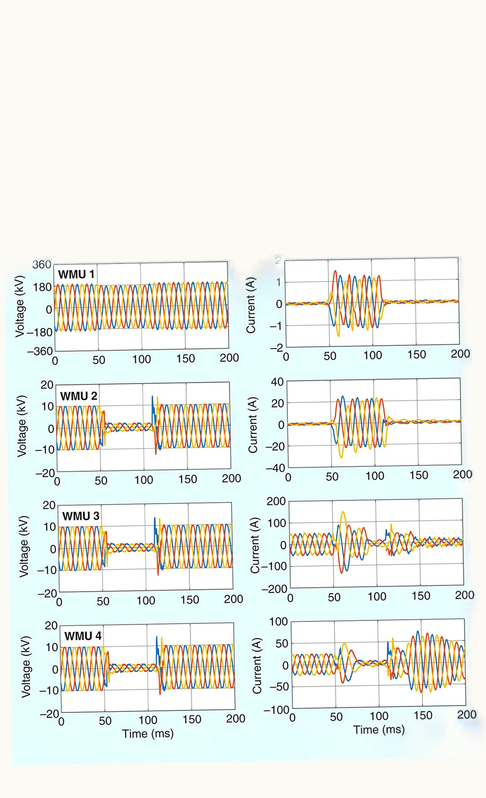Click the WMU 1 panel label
(x=76, y=274)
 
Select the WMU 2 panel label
(x=79, y=396)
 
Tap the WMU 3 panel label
(x=81, y=516)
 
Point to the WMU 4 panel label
(x=83, y=636)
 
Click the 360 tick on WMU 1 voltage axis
(x=42, y=265)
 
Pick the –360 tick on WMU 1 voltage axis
(x=40, y=351)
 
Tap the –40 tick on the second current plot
(x=276, y=468)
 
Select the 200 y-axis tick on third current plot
(x=276, y=501)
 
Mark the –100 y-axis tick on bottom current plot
(x=277, y=710)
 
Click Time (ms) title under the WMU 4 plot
(x=148, y=734)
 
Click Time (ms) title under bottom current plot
(x=379, y=730)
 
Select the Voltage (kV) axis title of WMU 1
(x=20, y=306)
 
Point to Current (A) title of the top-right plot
(x=251, y=305)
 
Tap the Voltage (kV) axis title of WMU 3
(x=24, y=546)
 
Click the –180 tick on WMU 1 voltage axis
(x=40, y=332)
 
